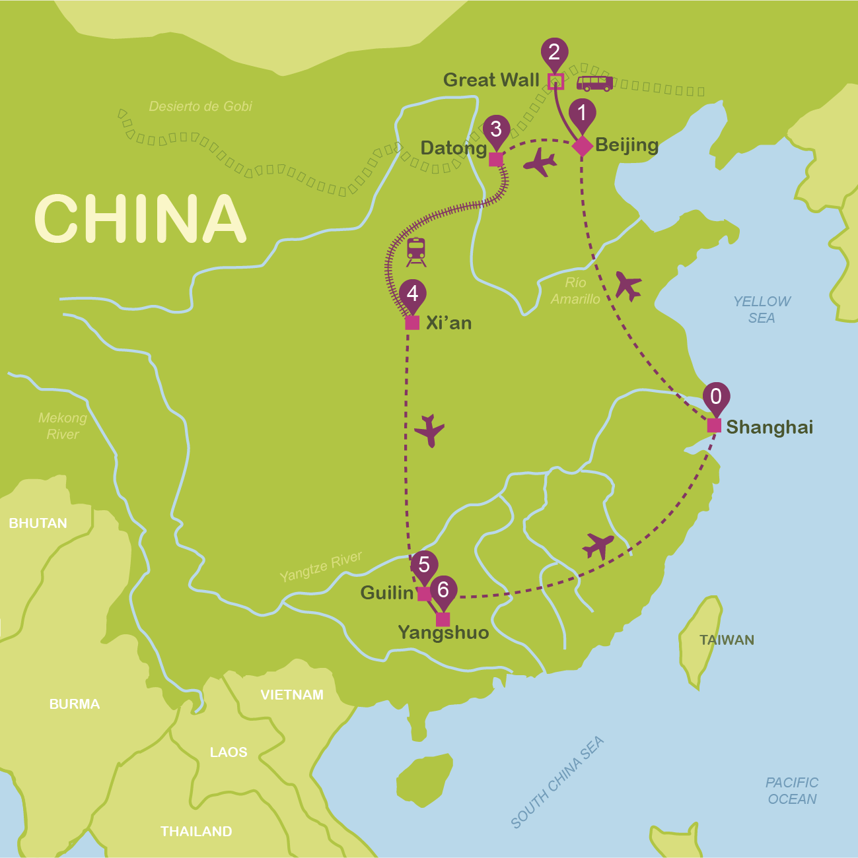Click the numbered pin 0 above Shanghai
point(716,397)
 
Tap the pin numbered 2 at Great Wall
point(554,53)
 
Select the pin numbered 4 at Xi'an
point(413,294)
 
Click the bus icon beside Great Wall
point(594,83)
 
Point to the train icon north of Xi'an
point(416,251)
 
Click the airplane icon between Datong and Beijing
point(540,162)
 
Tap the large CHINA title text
point(140,218)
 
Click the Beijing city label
point(626,145)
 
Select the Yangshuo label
point(443,633)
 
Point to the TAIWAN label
point(727,640)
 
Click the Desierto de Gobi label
point(200,106)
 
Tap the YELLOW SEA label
point(762,310)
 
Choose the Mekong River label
point(63,426)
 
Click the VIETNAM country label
point(292,694)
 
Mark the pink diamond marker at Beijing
point(582,146)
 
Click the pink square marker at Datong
point(495,160)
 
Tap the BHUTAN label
point(38,523)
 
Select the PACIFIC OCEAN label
point(792,791)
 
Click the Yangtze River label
point(321,567)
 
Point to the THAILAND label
point(196,832)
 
